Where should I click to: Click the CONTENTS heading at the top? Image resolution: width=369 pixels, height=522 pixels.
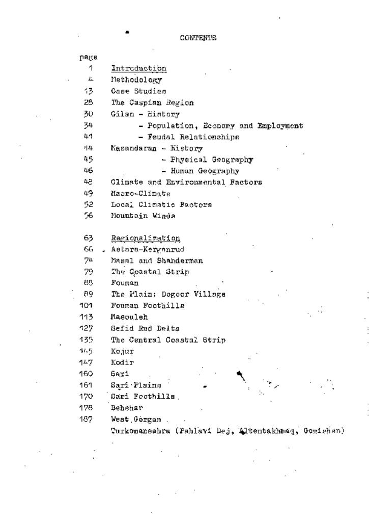[198, 38]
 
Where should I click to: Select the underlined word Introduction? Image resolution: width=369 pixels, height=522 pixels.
[139, 68]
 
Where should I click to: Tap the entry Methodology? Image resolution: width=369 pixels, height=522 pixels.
[136, 80]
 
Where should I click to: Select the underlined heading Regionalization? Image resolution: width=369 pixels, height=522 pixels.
[145, 238]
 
